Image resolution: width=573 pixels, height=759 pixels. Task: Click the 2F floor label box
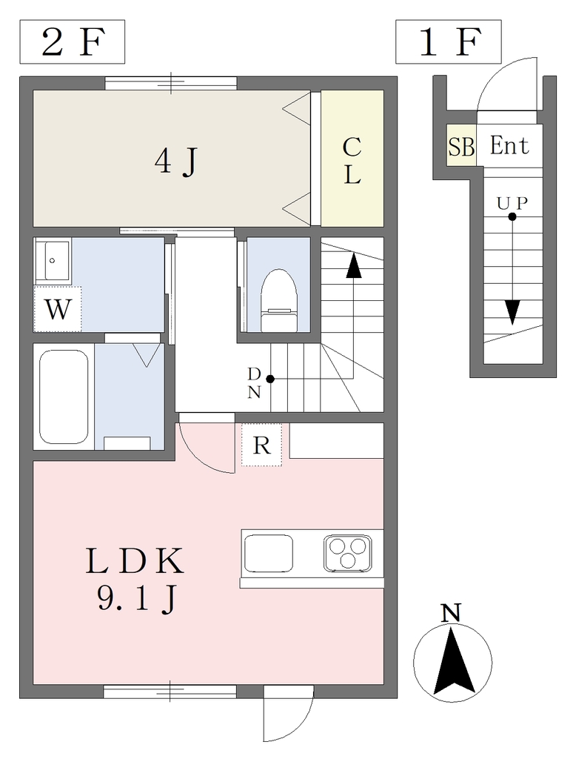pyautogui.click(x=72, y=42)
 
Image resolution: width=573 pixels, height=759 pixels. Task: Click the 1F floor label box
pyautogui.click(x=448, y=42)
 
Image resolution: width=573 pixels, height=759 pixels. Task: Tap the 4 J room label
pyautogui.click(x=176, y=161)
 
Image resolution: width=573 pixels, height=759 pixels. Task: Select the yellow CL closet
pyautogui.click(x=352, y=159)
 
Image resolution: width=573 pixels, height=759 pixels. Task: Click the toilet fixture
pyautogui.click(x=278, y=301)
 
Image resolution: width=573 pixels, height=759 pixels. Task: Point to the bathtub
pyautogui.click(x=64, y=397)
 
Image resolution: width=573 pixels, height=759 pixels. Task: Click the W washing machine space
pyautogui.click(x=58, y=309)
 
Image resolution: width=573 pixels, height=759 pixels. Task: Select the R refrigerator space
pyautogui.click(x=261, y=445)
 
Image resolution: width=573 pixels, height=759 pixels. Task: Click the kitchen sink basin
pyautogui.click(x=269, y=553)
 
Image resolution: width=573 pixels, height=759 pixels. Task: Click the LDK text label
pyautogui.click(x=135, y=561)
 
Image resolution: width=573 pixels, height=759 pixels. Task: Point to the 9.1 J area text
pyautogui.click(x=136, y=599)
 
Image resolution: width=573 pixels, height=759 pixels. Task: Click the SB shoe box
pyautogui.click(x=461, y=146)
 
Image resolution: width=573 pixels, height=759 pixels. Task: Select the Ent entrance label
pyautogui.click(x=509, y=145)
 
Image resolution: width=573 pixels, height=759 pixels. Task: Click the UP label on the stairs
pyautogui.click(x=512, y=204)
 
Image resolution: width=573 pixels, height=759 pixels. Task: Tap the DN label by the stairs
pyautogui.click(x=255, y=383)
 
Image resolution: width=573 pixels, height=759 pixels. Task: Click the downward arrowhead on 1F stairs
pyautogui.click(x=512, y=312)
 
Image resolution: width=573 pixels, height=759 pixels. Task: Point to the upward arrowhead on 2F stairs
pyautogui.click(x=354, y=265)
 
